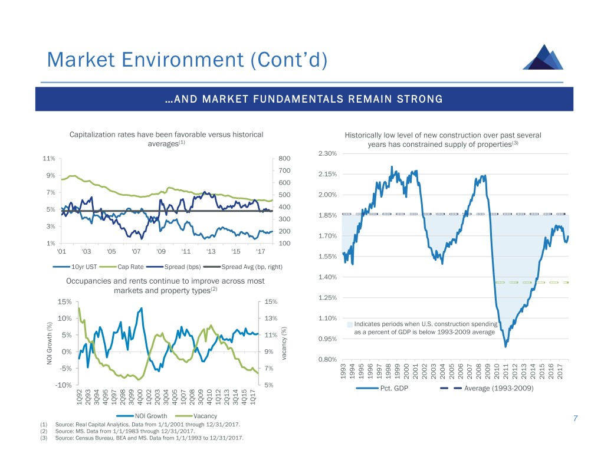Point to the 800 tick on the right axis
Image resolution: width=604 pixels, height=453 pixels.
(x=285, y=159)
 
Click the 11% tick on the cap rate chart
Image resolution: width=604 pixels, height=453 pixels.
(x=49, y=159)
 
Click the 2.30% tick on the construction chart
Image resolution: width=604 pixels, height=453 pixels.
(x=327, y=154)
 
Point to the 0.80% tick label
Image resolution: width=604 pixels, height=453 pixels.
(x=327, y=360)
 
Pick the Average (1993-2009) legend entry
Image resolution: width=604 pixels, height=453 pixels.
(x=499, y=389)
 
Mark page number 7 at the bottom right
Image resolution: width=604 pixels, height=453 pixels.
(x=575, y=419)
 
